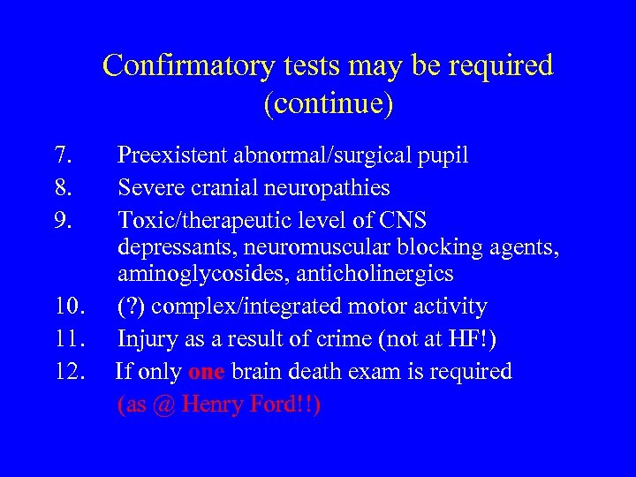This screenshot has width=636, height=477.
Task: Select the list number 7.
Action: pyautogui.click(x=62, y=156)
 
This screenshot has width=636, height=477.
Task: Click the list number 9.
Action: pyautogui.click(x=62, y=218)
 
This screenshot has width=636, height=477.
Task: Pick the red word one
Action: pyautogui.click(x=206, y=371)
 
